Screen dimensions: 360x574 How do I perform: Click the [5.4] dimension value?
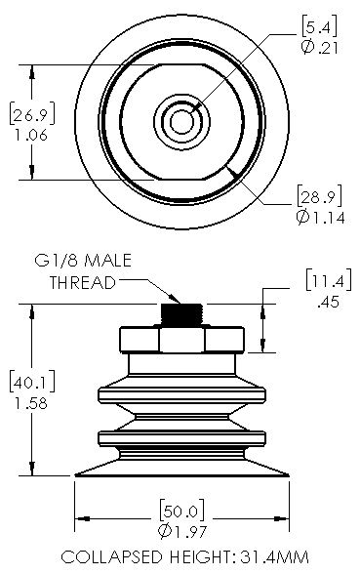click(319, 26)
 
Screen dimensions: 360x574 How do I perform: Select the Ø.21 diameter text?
click(320, 48)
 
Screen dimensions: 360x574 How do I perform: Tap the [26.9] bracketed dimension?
click(32, 114)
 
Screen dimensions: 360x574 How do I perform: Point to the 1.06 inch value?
click(31, 135)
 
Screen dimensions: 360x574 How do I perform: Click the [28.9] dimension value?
click(320, 196)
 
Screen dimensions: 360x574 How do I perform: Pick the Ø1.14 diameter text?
click(320, 218)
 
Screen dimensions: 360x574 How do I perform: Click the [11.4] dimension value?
click(329, 280)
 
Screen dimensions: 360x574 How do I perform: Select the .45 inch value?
click(328, 302)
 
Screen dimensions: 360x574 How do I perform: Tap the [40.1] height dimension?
click(32, 382)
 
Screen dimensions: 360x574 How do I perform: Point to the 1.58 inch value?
click(31, 403)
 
